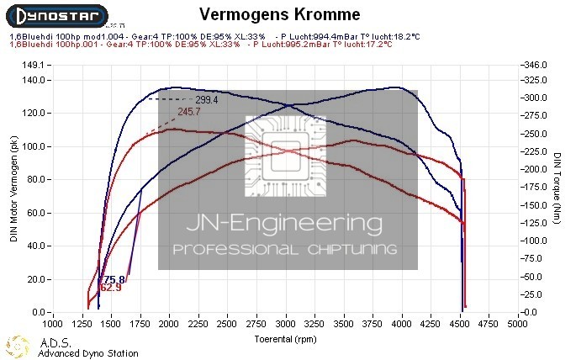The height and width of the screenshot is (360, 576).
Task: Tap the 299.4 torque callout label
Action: [207, 99]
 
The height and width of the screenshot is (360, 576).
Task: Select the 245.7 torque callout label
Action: [189, 112]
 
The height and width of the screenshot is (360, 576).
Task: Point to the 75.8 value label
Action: [114, 279]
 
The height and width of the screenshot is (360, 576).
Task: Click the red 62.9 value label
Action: [111, 288]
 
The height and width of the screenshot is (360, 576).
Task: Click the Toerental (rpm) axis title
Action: [287, 340]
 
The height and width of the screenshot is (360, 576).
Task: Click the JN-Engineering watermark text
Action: [286, 225]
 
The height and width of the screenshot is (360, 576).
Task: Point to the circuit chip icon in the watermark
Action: [286, 156]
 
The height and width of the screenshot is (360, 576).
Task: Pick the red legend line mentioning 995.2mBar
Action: [202, 44]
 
